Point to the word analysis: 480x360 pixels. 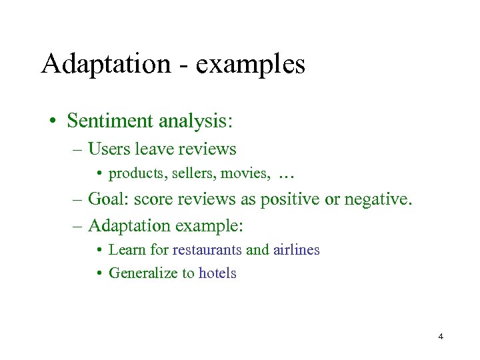tap(195, 122)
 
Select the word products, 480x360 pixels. tap(138, 175)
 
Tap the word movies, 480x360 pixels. tap(245, 175)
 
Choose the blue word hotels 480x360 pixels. tap(217, 273)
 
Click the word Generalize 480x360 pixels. tap(143, 273)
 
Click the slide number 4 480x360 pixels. tap(441, 337)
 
